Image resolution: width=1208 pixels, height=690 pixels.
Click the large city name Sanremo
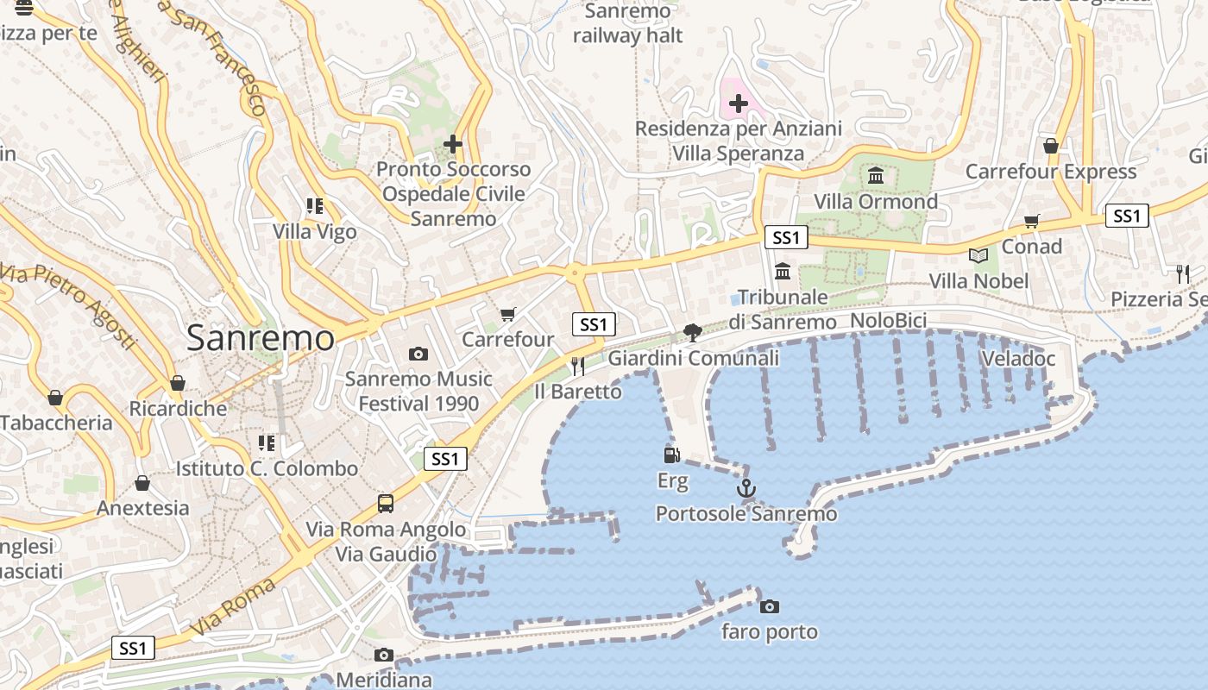[x=261, y=337]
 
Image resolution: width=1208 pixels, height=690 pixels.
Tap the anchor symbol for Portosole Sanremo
[x=746, y=489]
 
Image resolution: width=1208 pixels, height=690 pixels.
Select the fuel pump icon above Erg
[x=671, y=455]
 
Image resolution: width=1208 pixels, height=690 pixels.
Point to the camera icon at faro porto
[x=770, y=607]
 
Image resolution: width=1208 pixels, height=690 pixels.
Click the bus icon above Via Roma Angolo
[x=386, y=504]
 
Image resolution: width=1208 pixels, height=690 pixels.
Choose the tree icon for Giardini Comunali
[x=692, y=332]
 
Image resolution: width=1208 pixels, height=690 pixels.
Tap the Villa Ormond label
[x=876, y=202]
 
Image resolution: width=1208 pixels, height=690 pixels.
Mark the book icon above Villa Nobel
[x=978, y=255]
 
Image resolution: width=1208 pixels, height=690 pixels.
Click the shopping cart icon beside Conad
[x=1031, y=222]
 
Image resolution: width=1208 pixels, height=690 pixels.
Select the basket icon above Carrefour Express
[x=1051, y=146]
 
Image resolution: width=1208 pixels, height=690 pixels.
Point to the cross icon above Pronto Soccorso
[x=453, y=143]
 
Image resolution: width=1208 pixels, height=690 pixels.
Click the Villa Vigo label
[x=314, y=232]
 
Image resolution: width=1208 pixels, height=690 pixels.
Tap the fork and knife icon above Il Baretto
[x=578, y=367]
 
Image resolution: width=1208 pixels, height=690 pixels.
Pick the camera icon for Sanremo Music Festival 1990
[x=418, y=354]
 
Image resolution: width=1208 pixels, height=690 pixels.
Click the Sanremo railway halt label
[x=627, y=23]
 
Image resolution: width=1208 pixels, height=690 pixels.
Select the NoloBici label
[x=888, y=322]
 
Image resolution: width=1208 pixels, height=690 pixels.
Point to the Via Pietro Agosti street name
[x=69, y=307]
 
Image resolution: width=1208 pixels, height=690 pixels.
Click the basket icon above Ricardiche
[x=178, y=383]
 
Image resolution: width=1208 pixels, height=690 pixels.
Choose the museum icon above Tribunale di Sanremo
[x=783, y=272]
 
